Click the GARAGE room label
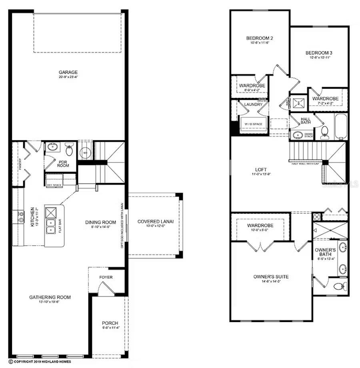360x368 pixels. (68, 72)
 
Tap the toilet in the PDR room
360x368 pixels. (69, 150)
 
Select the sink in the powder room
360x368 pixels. (52, 147)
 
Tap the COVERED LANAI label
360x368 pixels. (155, 222)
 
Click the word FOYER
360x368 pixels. (106, 277)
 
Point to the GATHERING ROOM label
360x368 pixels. (50, 297)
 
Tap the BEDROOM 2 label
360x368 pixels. (259, 38)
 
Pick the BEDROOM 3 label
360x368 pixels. (319, 53)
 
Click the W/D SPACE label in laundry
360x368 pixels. (253, 124)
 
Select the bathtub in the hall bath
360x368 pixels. (341, 127)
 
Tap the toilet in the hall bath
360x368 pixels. (324, 131)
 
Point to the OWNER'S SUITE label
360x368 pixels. (271, 276)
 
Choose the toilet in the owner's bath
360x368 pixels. (340, 286)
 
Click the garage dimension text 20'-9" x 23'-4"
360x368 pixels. (68, 78)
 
